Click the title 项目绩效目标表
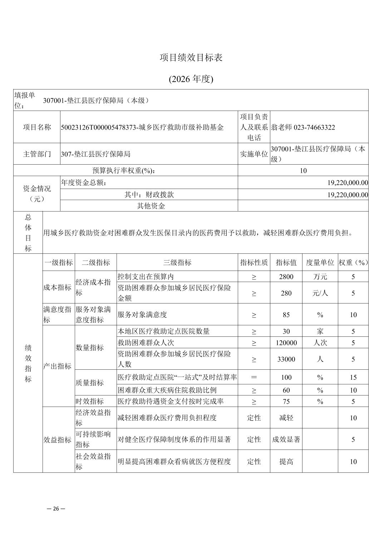191,58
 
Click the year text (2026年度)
191,79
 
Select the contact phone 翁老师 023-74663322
303,127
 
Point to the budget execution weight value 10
303,171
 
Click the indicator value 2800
286,277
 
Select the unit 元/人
320,293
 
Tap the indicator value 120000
286,343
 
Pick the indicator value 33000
286,359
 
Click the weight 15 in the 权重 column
353,377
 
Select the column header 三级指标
177,263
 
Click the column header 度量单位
320,263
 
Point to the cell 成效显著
286,439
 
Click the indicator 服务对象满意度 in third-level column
142,315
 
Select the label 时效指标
89,402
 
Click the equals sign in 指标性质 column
254,377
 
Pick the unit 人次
320,343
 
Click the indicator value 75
286,402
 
